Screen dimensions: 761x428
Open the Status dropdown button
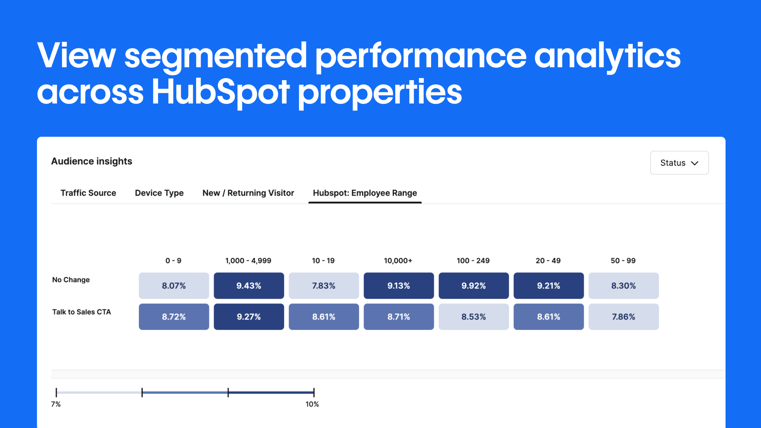click(679, 163)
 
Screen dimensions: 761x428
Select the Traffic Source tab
click(88, 193)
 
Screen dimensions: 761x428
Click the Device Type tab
click(159, 193)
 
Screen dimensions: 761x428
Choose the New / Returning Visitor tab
click(248, 193)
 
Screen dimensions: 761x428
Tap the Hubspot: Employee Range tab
click(365, 193)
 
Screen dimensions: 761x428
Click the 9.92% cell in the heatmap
click(474, 286)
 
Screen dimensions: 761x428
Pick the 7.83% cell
click(324, 286)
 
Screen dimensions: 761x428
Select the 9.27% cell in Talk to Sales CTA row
click(249, 317)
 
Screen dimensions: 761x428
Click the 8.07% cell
click(174, 286)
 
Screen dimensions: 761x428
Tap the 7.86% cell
click(624, 317)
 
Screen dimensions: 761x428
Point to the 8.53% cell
click(474, 317)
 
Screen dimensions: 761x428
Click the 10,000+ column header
click(398, 261)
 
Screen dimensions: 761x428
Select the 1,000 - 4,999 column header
click(248, 261)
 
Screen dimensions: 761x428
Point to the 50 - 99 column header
click(623, 261)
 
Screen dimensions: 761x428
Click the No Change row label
click(71, 280)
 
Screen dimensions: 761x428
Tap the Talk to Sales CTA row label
click(82, 312)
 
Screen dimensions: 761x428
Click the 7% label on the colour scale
click(56, 404)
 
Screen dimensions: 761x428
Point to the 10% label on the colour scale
click(312, 404)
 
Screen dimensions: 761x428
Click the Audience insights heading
click(92, 161)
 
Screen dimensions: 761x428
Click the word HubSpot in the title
click(221, 92)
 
